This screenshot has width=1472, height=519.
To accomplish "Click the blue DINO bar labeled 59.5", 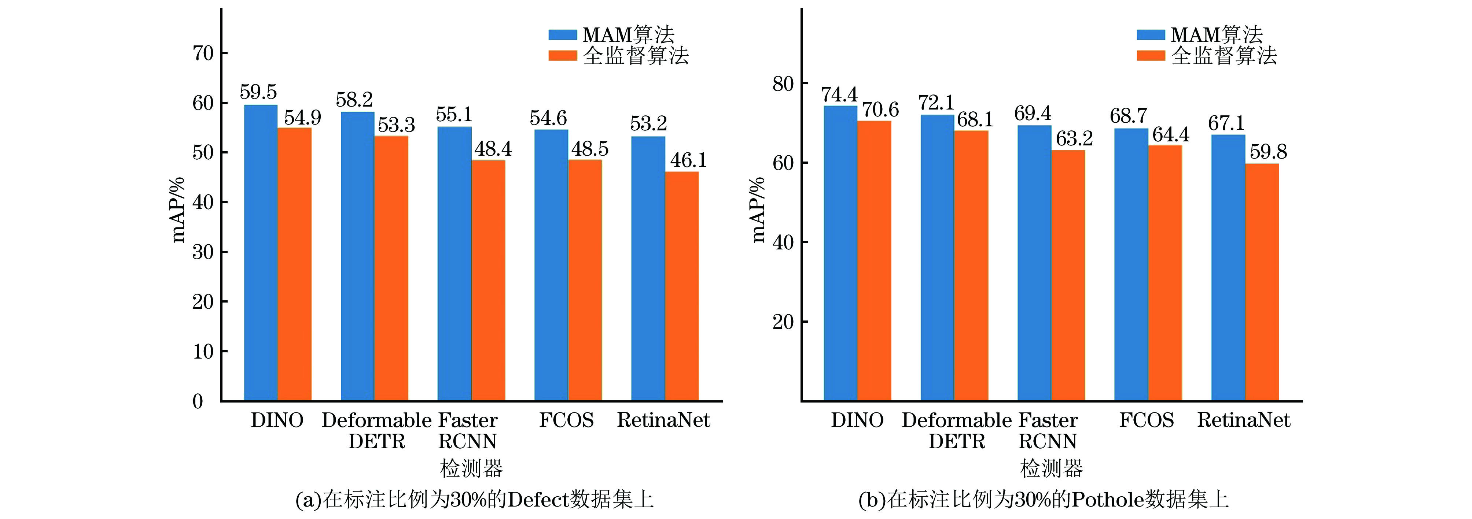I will pos(261,252).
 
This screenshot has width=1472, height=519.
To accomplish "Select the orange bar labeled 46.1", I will pos(682,285).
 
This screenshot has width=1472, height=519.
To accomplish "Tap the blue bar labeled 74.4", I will pos(840,253).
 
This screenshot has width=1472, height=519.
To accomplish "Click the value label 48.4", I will pos(493,149).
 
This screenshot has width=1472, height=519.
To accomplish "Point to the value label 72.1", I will pos(936,103).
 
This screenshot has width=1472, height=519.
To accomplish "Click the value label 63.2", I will pos(1074,139).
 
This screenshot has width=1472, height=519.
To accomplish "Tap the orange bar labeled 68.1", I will pos(971,266).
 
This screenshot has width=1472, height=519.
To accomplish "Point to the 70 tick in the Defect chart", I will pos(203,54).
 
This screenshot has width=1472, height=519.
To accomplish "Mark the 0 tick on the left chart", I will pos(198,401).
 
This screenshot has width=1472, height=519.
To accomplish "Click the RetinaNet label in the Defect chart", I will pos(663,420).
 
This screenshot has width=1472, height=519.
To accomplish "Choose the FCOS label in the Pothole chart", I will pos(1146,420).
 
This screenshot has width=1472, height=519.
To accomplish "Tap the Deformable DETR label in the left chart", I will pos(376,430).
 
